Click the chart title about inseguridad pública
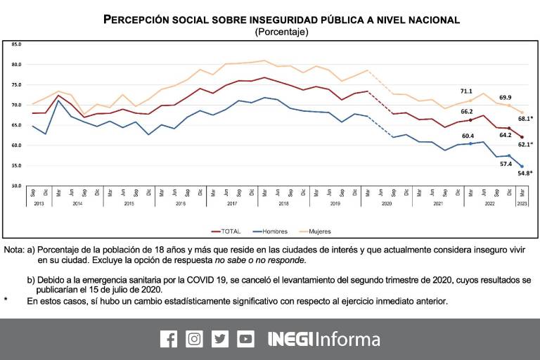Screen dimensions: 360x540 (281, 20)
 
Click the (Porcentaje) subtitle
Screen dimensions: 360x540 (281, 32)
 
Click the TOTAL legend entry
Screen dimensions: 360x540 (226, 231)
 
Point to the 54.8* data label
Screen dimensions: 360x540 (521, 173)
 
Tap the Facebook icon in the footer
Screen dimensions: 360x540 (169, 339)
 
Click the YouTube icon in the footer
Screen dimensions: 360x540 (245, 339)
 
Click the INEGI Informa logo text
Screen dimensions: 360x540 (324, 339)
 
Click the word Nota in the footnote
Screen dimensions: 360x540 (13, 250)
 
